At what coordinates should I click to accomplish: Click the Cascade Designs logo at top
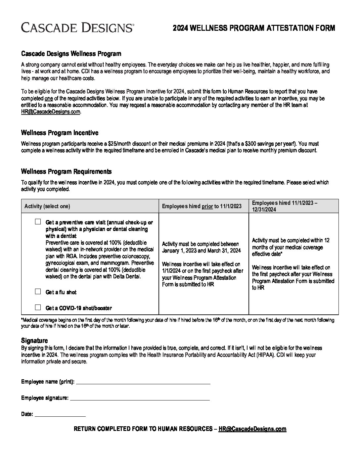(x=77, y=27)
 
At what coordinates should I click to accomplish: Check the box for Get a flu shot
(x=38, y=292)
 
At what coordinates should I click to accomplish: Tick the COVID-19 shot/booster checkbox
(x=38, y=307)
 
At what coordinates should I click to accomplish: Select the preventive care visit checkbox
(x=38, y=222)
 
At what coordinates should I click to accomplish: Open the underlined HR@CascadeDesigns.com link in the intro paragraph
(x=51, y=112)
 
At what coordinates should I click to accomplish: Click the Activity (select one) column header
(x=47, y=206)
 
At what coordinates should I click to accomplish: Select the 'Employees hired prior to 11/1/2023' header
(x=202, y=206)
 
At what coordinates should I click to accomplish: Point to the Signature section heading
(x=34, y=341)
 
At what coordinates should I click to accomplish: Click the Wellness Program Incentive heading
(x=60, y=133)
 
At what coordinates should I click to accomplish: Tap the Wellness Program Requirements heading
(x=66, y=171)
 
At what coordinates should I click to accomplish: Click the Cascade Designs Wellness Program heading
(x=71, y=54)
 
